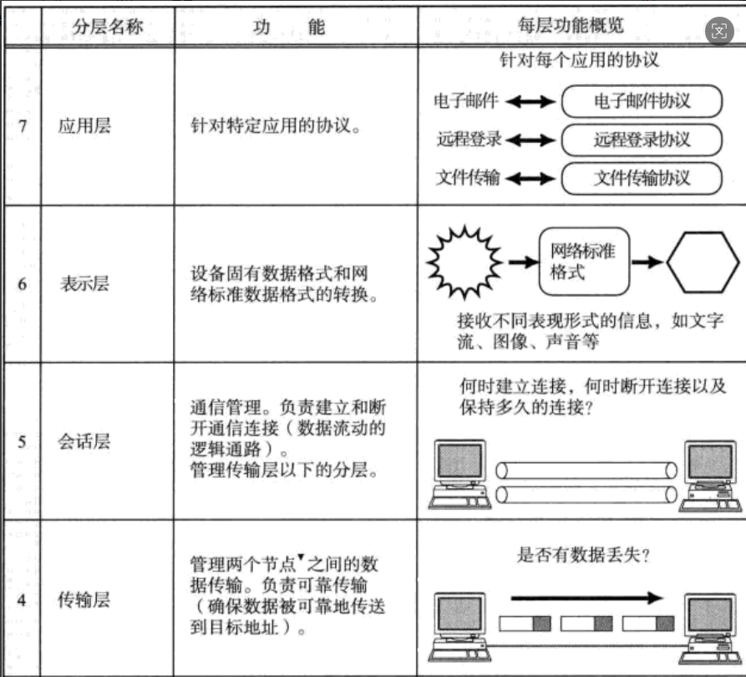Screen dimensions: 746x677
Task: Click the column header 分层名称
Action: click(x=108, y=26)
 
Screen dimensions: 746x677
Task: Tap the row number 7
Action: click(x=23, y=128)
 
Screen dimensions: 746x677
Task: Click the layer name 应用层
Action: click(x=84, y=128)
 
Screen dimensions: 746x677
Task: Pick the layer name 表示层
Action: click(x=84, y=283)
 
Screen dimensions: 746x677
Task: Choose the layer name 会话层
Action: click(x=84, y=441)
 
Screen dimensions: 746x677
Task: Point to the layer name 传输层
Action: click(x=84, y=600)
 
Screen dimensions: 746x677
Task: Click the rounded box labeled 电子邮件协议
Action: click(x=642, y=101)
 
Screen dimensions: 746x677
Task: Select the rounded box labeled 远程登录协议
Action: click(x=642, y=139)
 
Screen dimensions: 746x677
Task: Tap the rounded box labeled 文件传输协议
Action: click(x=642, y=177)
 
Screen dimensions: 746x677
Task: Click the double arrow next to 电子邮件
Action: click(x=530, y=102)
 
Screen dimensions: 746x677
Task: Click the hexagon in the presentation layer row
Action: click(x=701, y=262)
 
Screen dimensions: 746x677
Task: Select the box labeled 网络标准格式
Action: click(x=584, y=261)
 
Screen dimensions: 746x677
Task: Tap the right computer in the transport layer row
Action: click(x=709, y=626)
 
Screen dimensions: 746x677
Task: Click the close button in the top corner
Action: click(x=719, y=32)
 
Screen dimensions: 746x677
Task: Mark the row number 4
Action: click(x=23, y=600)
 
